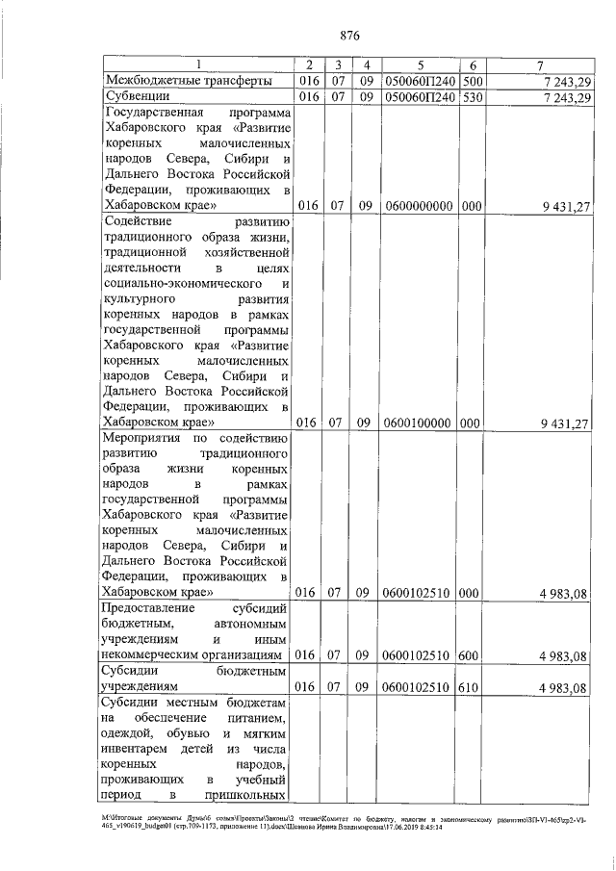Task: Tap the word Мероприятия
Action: point(144,438)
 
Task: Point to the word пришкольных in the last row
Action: point(246,795)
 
